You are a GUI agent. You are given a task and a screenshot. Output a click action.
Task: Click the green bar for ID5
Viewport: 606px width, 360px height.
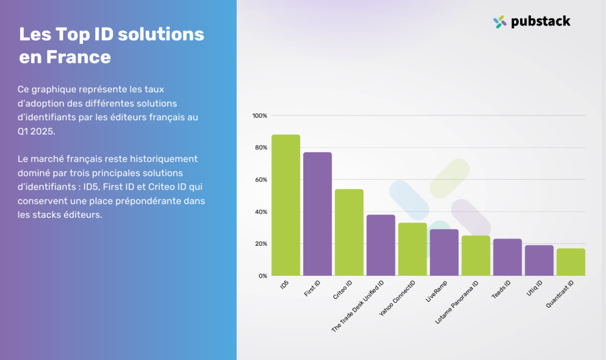click(286, 205)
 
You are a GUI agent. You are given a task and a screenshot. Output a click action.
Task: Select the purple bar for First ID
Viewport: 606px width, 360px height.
click(317, 214)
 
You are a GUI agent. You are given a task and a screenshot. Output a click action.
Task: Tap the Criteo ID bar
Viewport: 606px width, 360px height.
click(349, 232)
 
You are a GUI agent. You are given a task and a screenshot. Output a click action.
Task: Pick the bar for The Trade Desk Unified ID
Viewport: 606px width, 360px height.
click(381, 245)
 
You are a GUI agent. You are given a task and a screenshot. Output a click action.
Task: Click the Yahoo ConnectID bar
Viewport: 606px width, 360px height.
click(412, 249)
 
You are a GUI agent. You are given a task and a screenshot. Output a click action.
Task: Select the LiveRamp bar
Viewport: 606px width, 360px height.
click(444, 252)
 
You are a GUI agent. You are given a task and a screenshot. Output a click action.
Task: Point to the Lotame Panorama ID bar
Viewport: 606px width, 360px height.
click(476, 256)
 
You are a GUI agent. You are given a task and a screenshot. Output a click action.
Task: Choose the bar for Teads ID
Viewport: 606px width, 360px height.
click(507, 257)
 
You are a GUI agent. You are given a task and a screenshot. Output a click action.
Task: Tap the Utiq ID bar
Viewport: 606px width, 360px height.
click(539, 261)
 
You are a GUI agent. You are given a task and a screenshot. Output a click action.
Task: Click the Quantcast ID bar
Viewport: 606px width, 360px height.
click(571, 262)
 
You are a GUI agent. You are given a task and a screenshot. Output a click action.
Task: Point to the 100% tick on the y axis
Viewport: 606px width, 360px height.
click(260, 115)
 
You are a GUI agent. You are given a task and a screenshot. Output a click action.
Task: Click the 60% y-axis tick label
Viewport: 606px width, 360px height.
click(261, 180)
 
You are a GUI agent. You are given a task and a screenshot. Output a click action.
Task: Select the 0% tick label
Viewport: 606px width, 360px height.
click(263, 276)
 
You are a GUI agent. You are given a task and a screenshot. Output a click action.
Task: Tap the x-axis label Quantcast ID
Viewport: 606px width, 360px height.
click(560, 294)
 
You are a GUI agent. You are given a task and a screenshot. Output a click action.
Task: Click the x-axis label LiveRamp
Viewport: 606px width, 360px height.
click(436, 291)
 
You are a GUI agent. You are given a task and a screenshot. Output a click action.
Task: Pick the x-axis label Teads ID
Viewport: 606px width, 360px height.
click(501, 289)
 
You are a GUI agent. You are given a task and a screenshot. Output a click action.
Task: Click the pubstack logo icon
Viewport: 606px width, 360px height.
click(499, 22)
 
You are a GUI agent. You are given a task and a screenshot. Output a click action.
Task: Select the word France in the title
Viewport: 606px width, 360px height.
click(79, 57)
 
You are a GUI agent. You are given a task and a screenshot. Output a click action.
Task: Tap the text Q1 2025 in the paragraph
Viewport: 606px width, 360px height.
click(36, 131)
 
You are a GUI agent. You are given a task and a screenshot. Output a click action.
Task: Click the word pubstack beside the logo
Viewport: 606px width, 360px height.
click(541, 22)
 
